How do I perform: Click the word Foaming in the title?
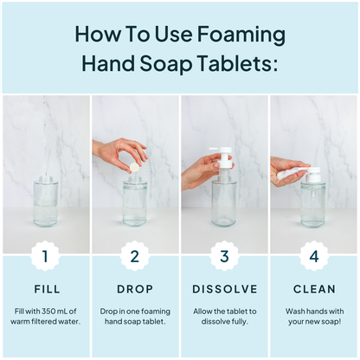[241, 35]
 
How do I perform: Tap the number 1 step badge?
[45, 256]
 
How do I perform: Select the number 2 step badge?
[135, 256]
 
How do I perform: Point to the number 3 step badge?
[224, 256]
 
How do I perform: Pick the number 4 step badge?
[314, 256]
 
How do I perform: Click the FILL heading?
[48, 289]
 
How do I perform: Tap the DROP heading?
[135, 289]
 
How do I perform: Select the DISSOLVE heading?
[225, 289]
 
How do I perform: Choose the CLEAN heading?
[314, 289]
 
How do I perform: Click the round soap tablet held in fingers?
[134, 167]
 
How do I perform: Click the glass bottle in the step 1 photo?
[46, 202]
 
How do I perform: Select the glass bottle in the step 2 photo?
[135, 202]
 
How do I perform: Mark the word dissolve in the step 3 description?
[214, 321]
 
